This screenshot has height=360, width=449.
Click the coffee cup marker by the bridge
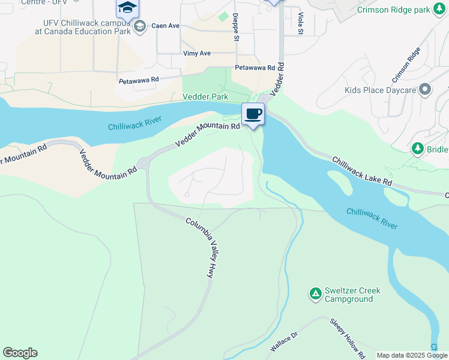(253, 114)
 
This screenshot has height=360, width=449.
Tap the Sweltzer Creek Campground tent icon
(315, 293)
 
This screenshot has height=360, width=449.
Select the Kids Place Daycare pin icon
(426, 90)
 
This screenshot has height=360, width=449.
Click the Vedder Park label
(205, 96)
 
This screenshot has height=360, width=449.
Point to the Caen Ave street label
(166, 26)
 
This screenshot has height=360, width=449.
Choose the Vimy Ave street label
(197, 53)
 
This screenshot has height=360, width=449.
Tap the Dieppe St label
(236, 27)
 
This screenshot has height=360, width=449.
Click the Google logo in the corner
(20, 353)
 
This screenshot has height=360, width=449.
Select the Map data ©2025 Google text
(412, 355)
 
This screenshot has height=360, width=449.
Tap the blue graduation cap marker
(127, 8)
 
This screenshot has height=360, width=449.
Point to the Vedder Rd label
(276, 80)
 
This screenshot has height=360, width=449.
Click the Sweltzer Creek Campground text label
(352, 295)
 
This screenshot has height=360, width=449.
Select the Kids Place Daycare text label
(380, 91)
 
